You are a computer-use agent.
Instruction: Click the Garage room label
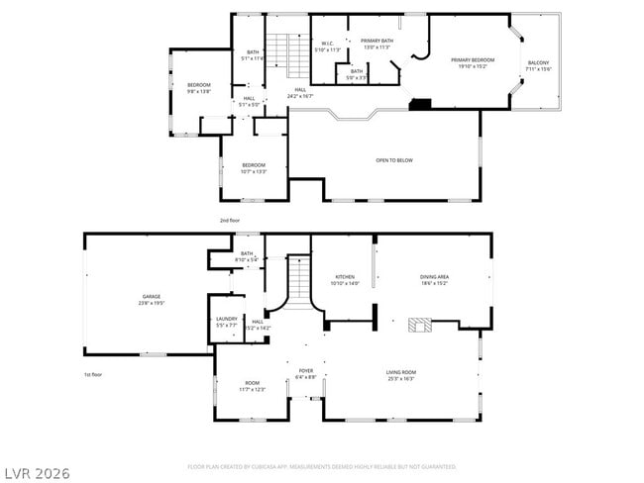[x=151, y=299]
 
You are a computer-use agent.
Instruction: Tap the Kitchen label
[x=345, y=280]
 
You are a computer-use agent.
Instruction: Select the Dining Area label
[x=435, y=280]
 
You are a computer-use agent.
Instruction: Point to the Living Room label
[x=400, y=374]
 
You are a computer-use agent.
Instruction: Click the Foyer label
[x=305, y=374]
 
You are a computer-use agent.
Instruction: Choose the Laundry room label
[x=227, y=322]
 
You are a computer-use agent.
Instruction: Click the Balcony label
[x=538, y=66]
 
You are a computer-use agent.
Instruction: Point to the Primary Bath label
[x=376, y=44]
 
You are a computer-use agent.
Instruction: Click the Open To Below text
[x=393, y=159]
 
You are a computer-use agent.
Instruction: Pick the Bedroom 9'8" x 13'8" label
[x=199, y=88]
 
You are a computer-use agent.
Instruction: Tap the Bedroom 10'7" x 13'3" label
[x=254, y=167]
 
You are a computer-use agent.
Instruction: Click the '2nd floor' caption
[x=230, y=220]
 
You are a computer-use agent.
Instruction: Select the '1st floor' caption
[x=93, y=375]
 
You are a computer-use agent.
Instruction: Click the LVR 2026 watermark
[x=36, y=472]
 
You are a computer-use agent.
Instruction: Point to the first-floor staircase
[x=300, y=280]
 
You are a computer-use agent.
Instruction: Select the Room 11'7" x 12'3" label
[x=253, y=386]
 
